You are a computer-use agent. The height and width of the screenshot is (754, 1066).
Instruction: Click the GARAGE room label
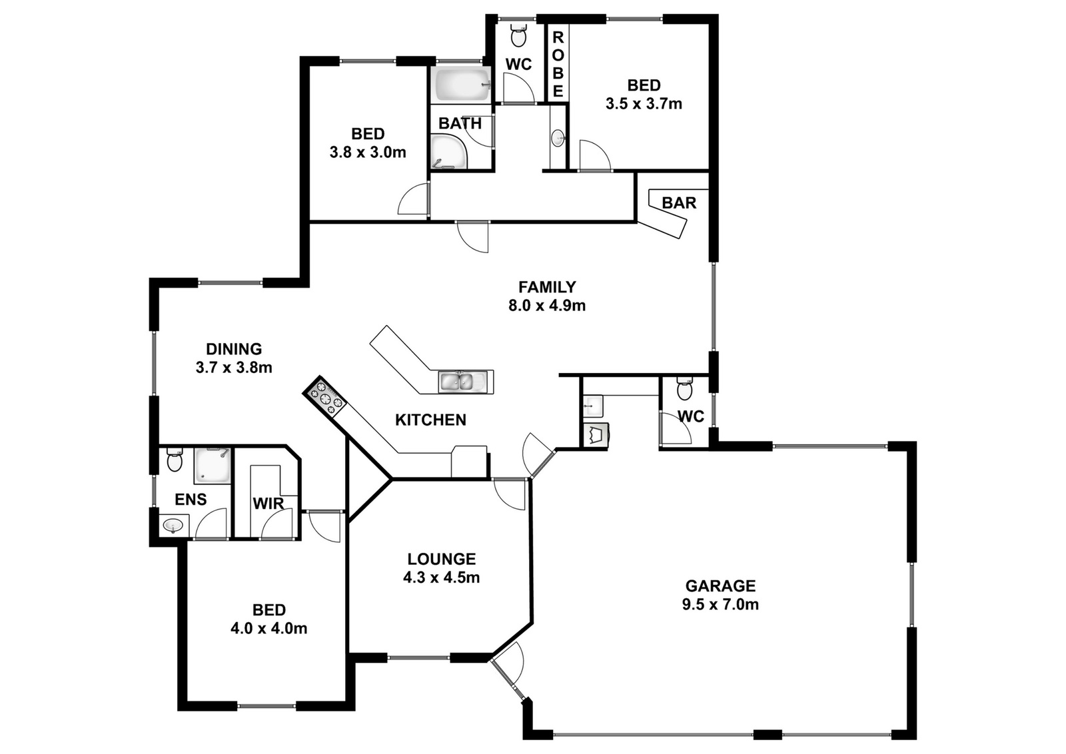(x=720, y=585)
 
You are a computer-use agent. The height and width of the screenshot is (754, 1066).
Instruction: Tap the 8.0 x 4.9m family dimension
(x=547, y=306)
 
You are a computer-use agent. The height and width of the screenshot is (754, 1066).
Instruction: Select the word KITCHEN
(x=430, y=420)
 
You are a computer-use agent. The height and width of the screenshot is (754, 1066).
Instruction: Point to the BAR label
(x=679, y=202)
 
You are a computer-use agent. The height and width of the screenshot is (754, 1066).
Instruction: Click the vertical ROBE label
(x=558, y=64)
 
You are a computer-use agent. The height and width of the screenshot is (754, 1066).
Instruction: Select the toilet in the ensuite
(x=174, y=459)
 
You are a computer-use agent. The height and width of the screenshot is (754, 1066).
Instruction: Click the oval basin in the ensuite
(x=173, y=525)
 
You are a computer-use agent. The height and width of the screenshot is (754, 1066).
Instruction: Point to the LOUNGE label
(x=442, y=558)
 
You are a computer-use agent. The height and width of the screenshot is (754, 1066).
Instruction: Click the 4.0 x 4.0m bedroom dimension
(x=269, y=628)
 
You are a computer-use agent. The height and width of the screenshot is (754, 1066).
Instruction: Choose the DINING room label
(x=234, y=349)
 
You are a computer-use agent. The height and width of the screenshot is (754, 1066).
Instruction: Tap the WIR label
(x=268, y=504)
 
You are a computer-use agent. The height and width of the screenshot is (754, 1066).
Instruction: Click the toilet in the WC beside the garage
(x=685, y=389)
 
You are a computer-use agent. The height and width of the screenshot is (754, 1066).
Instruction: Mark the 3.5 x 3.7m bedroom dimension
(x=644, y=104)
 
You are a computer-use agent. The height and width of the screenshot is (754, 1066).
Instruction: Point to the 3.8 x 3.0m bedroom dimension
(x=368, y=153)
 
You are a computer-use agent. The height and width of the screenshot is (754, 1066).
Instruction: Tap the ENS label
(x=191, y=499)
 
